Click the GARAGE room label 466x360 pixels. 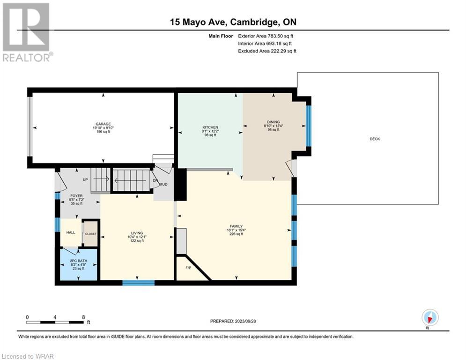[103, 124]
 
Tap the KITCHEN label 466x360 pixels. [210, 127]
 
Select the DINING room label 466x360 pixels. [274, 122]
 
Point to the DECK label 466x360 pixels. [375, 139]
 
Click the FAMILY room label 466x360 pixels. [236, 226]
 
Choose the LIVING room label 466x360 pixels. [137, 233]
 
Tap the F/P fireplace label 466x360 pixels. [188, 268]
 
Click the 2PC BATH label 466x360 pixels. [79, 261]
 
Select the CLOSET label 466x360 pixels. [91, 234]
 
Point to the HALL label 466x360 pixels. [71, 232]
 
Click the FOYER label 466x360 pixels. [76, 196]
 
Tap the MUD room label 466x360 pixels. [163, 185]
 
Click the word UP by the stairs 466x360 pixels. [85, 180]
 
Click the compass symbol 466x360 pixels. [430, 317]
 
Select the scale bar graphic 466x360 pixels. [55, 322]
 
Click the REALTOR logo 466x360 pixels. [26, 32]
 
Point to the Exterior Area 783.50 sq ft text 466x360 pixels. [266, 36]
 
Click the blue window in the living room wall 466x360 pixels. [139, 283]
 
